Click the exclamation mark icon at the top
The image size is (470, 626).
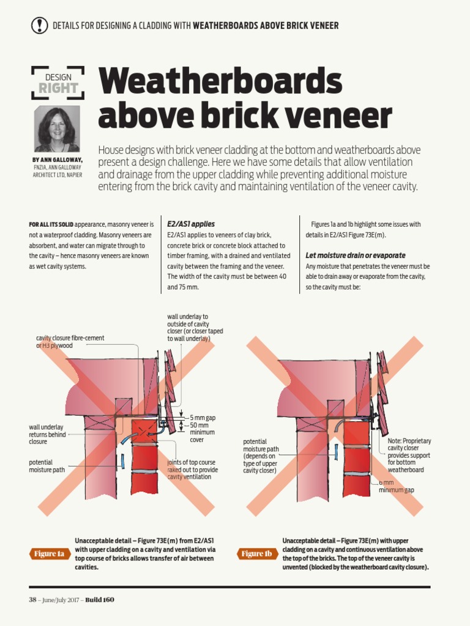click(39, 25)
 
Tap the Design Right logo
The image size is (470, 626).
click(58, 83)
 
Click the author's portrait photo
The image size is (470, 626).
click(57, 129)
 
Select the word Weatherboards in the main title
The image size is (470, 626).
click(220, 81)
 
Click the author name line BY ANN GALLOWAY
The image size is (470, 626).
click(58, 160)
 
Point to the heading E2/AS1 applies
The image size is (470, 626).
click(191, 224)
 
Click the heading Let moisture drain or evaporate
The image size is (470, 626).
click(355, 255)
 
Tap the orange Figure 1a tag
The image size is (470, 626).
click(48, 554)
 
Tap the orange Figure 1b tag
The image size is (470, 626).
click(256, 554)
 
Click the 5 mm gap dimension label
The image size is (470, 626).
click(203, 418)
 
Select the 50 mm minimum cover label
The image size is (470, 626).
click(203, 432)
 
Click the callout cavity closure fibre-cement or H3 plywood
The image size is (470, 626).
click(70, 342)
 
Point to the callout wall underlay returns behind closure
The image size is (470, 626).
click(47, 434)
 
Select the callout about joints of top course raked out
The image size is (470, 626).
click(192, 469)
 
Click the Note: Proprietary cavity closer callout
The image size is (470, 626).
click(409, 455)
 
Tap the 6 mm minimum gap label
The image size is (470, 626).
click(396, 487)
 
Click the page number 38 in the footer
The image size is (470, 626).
click(32, 600)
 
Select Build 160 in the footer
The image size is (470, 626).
click(99, 600)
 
